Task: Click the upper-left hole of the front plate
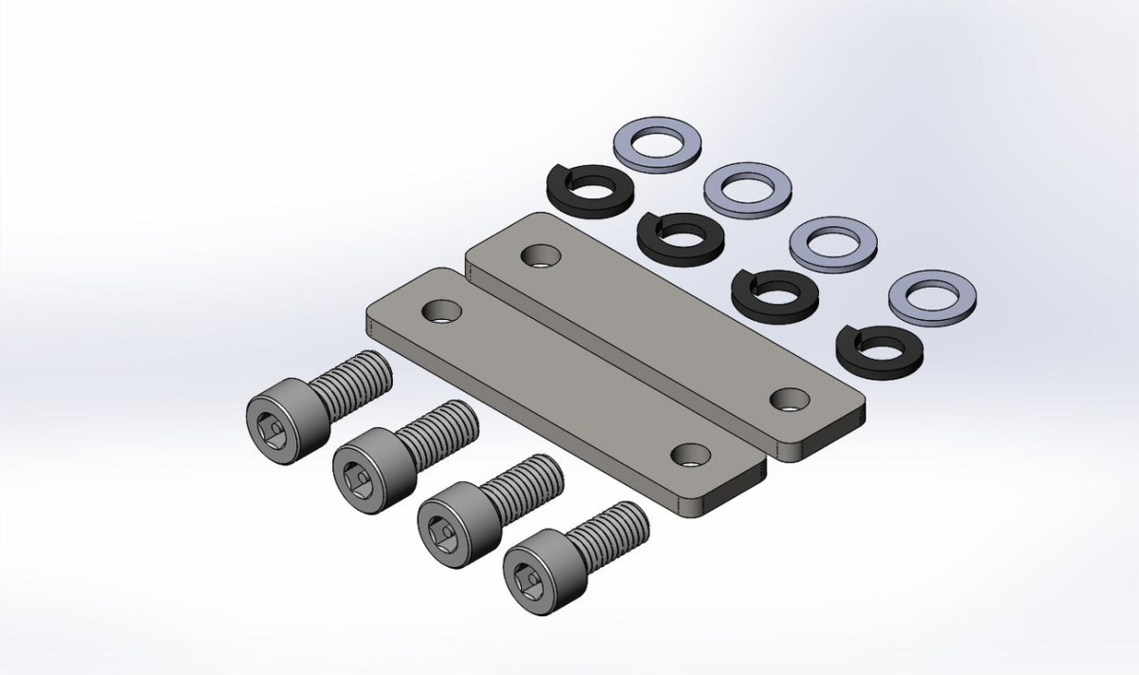[441, 310]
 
